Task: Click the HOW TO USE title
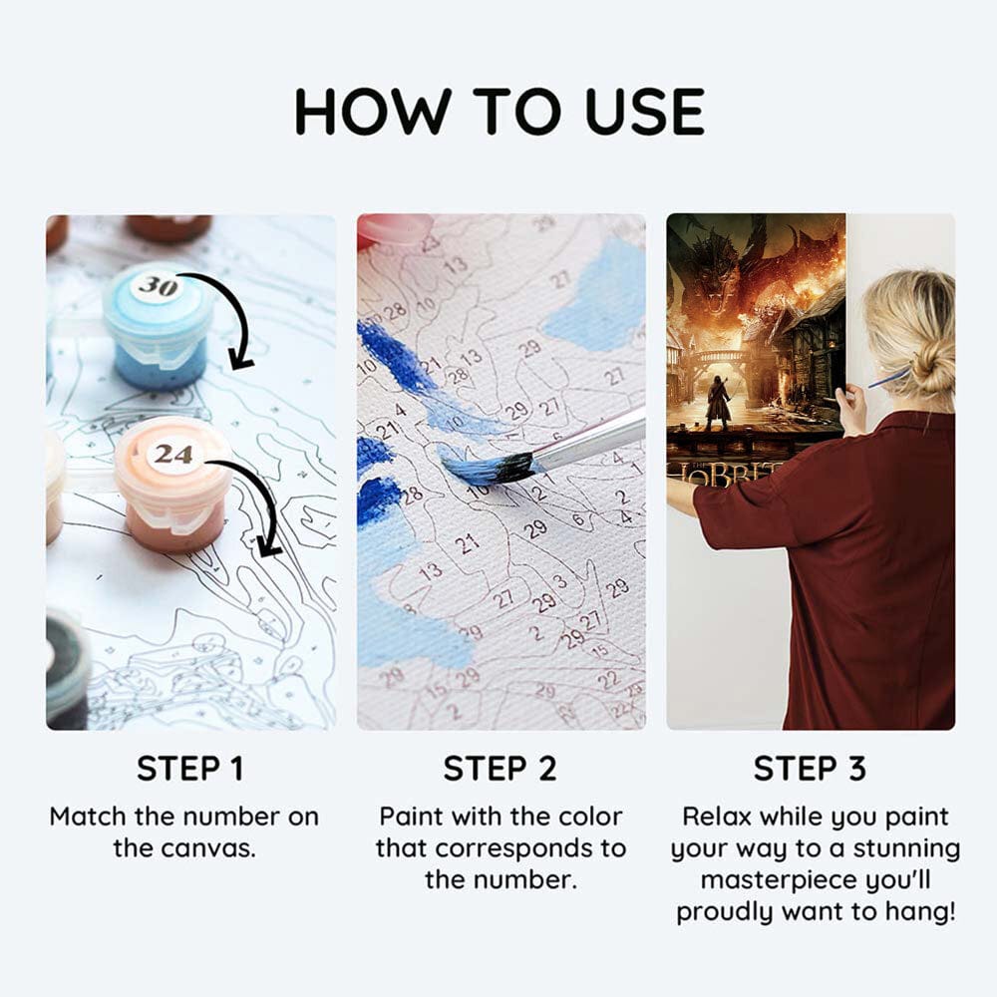pos(499,112)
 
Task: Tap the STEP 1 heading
pos(190,768)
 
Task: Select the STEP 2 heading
pos(499,768)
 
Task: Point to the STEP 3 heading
pos(810,768)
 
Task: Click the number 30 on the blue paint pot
pos(158,286)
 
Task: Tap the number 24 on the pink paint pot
pos(172,454)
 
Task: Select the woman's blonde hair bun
pos(934,371)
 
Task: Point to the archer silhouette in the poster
pos(719,401)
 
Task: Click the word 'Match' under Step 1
pos(89,817)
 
